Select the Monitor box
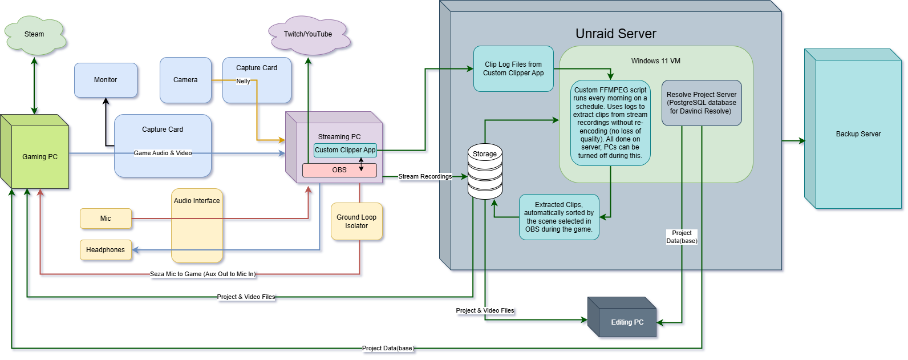(106, 80)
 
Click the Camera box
(185, 80)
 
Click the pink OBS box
(339, 170)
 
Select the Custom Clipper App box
(345, 150)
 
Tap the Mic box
(106, 219)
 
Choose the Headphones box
(106, 250)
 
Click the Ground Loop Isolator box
(356, 221)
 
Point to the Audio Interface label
(197, 201)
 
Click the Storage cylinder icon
(485, 171)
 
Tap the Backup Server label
(858, 134)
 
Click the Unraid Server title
(616, 34)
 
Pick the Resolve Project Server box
(702, 103)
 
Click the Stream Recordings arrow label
(425, 177)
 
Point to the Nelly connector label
(243, 81)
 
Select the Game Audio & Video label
(163, 153)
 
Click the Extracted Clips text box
(559, 217)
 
